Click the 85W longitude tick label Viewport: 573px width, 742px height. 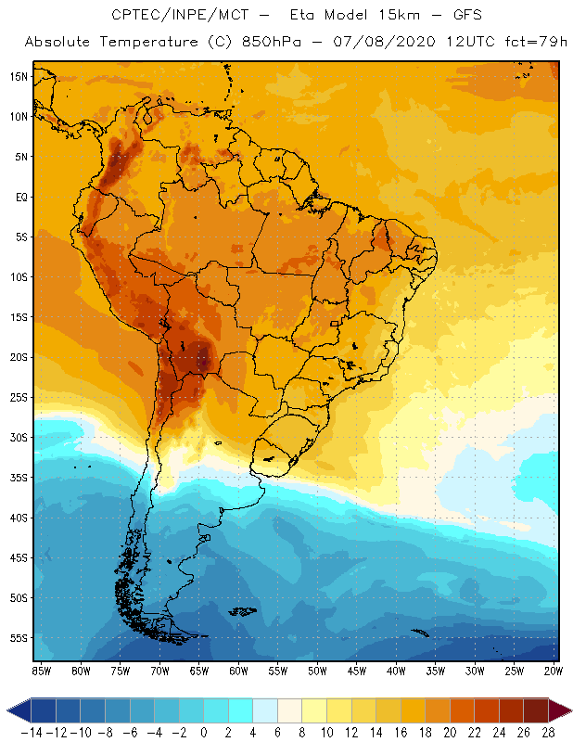(41, 671)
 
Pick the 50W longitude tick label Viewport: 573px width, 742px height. (317, 671)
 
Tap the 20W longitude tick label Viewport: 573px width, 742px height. (554, 671)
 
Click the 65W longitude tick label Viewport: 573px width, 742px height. (198, 671)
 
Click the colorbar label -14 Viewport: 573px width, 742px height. (31, 732)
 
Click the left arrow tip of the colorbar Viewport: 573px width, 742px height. (7, 710)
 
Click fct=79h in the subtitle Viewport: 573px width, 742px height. (526, 43)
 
